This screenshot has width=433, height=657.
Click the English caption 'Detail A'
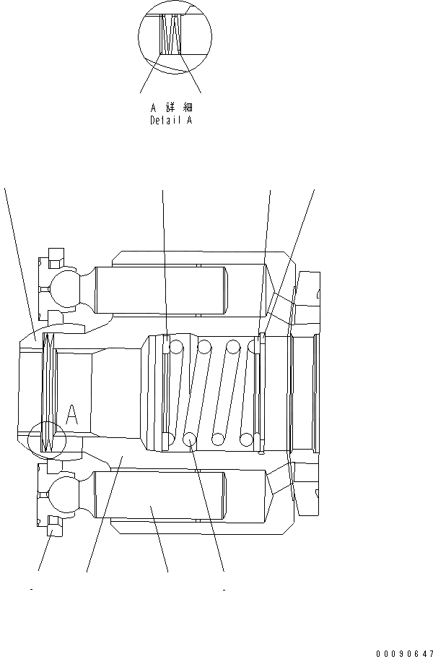(x=171, y=121)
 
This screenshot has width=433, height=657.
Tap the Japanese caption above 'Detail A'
(x=171, y=107)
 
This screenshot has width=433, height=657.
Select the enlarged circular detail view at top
(x=174, y=36)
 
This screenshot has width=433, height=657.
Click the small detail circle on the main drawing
(x=46, y=438)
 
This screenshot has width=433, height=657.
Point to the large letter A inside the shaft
(x=71, y=414)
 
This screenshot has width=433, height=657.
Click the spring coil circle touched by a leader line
(x=191, y=439)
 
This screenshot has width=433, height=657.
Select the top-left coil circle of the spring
(x=175, y=347)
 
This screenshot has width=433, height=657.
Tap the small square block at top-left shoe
(x=53, y=256)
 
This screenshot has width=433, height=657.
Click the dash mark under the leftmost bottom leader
(x=32, y=590)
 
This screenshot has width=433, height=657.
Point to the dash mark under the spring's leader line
(x=224, y=590)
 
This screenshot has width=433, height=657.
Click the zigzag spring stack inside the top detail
(x=170, y=36)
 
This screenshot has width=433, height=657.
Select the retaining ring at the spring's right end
(x=262, y=394)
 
